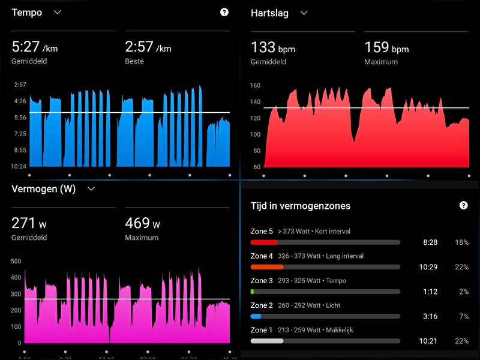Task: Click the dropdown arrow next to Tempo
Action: [58, 12]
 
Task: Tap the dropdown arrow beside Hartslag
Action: [304, 13]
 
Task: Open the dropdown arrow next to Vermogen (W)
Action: [91, 188]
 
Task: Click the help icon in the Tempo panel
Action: [224, 12]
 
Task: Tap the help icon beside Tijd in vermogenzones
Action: [463, 205]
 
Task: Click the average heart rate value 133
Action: [263, 47]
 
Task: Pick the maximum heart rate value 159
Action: [377, 47]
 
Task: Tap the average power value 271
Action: [24, 223]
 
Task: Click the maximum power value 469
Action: [137, 223]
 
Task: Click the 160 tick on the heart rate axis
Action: [256, 86]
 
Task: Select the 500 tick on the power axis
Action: [16, 262]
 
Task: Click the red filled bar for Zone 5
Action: [264, 242]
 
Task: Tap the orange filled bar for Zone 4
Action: [267, 266]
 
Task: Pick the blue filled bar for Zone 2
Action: [256, 316]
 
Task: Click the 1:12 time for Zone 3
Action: [428, 292]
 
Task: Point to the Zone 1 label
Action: [262, 330]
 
